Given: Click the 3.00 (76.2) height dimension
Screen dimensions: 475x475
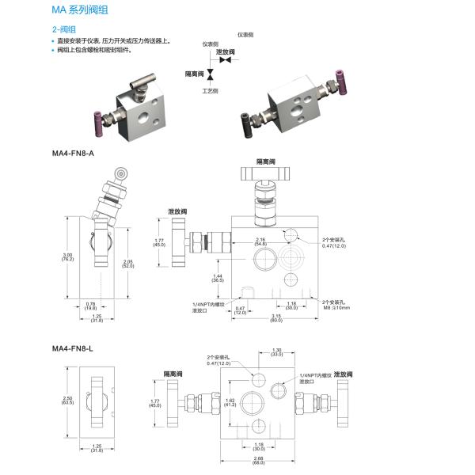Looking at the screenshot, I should [x=68, y=256].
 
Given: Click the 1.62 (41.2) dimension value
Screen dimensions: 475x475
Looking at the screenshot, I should [x=231, y=401].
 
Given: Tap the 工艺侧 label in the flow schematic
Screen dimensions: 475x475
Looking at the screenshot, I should [x=211, y=92].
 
